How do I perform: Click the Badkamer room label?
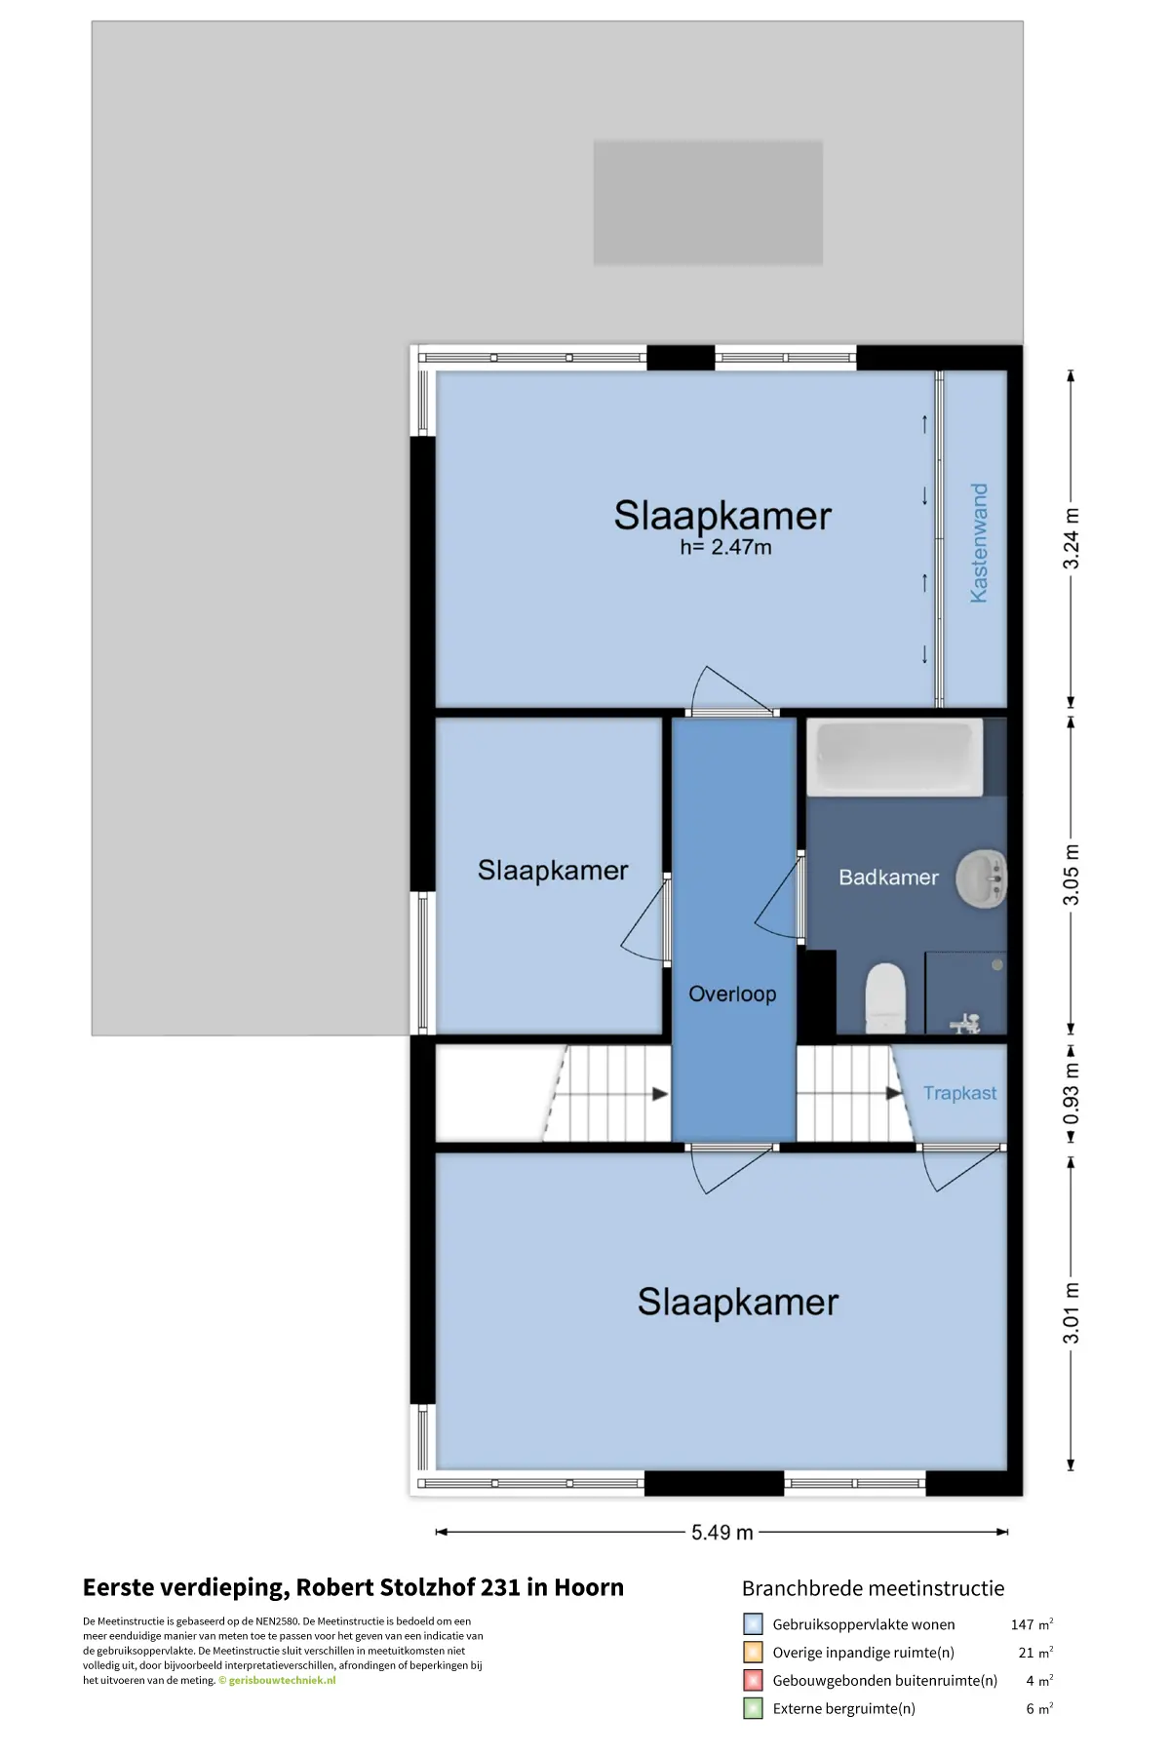click(x=888, y=877)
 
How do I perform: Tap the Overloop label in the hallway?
click(x=732, y=994)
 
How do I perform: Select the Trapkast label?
click(x=959, y=1094)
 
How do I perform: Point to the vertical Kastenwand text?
click(x=979, y=543)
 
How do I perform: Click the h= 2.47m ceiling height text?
click(x=725, y=547)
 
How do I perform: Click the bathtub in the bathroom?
click(x=895, y=758)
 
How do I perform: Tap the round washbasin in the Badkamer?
click(x=981, y=878)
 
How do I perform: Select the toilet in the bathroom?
click(x=885, y=997)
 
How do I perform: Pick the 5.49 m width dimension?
click(x=722, y=1533)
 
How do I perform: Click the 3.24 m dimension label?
click(x=1071, y=539)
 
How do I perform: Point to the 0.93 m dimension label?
click(x=1071, y=1093)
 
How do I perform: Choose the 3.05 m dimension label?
click(x=1071, y=875)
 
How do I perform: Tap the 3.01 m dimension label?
click(x=1071, y=1313)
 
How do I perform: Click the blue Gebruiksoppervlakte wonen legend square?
click(x=753, y=1624)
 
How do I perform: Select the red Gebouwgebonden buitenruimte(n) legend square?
click(x=753, y=1680)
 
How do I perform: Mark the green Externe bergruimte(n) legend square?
click(x=753, y=1708)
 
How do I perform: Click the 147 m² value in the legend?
click(x=1032, y=1624)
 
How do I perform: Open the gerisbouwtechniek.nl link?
click(x=282, y=1680)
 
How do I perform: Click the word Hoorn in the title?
click(x=589, y=1587)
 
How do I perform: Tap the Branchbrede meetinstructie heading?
click(x=873, y=1588)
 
